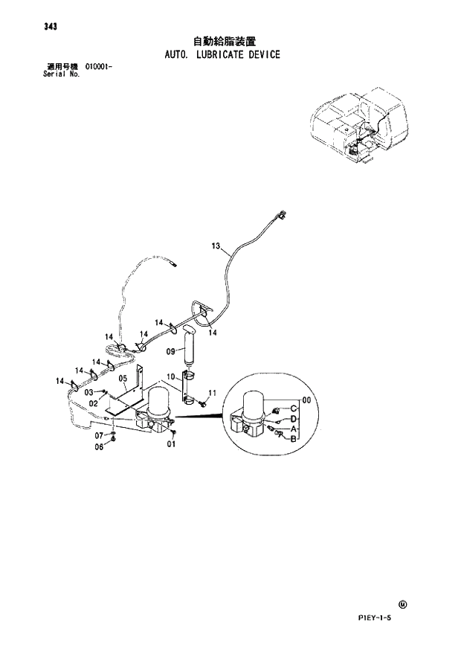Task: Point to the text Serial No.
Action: [x=62, y=75]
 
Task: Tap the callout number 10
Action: [x=170, y=377]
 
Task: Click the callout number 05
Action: [x=123, y=379]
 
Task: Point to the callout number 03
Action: [x=88, y=391]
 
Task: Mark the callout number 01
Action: [x=171, y=445]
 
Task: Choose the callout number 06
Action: [x=98, y=446]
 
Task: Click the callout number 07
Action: [x=98, y=434]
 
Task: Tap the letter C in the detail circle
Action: [x=294, y=409]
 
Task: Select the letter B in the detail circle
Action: [x=294, y=439]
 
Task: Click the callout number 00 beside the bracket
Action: [x=306, y=400]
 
